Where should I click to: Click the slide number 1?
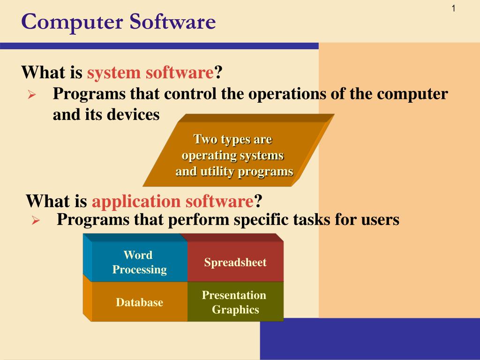[x=454, y=9]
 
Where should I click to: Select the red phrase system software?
[x=150, y=73]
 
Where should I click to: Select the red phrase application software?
[x=172, y=201]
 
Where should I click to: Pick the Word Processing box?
[x=139, y=262]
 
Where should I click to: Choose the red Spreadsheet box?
[x=235, y=262]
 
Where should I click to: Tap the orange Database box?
[x=139, y=302]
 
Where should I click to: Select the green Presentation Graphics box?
[x=234, y=302]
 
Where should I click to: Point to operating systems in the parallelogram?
[x=232, y=155]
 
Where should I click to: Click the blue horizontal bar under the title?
[x=159, y=46]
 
